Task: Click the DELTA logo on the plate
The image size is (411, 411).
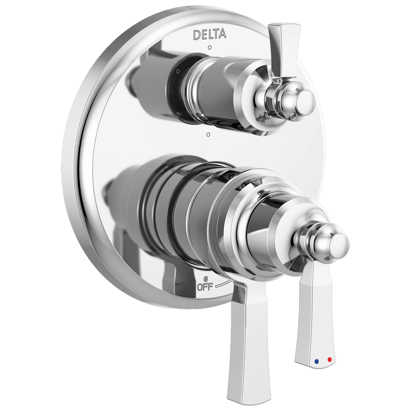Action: pos(210,34)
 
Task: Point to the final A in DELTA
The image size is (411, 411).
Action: pos(222,34)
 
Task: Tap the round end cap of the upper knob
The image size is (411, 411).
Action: pos(304,100)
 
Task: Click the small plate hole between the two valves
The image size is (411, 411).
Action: pos(208,134)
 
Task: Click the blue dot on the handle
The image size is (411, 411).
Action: pos(317,360)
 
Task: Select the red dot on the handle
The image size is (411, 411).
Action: pos(330,359)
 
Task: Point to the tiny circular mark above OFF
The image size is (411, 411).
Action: pos(206,279)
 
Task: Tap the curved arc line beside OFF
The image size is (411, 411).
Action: pos(223,284)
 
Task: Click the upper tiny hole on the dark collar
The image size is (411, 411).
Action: pos(178,71)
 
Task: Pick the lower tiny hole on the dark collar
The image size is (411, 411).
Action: pos(177,114)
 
